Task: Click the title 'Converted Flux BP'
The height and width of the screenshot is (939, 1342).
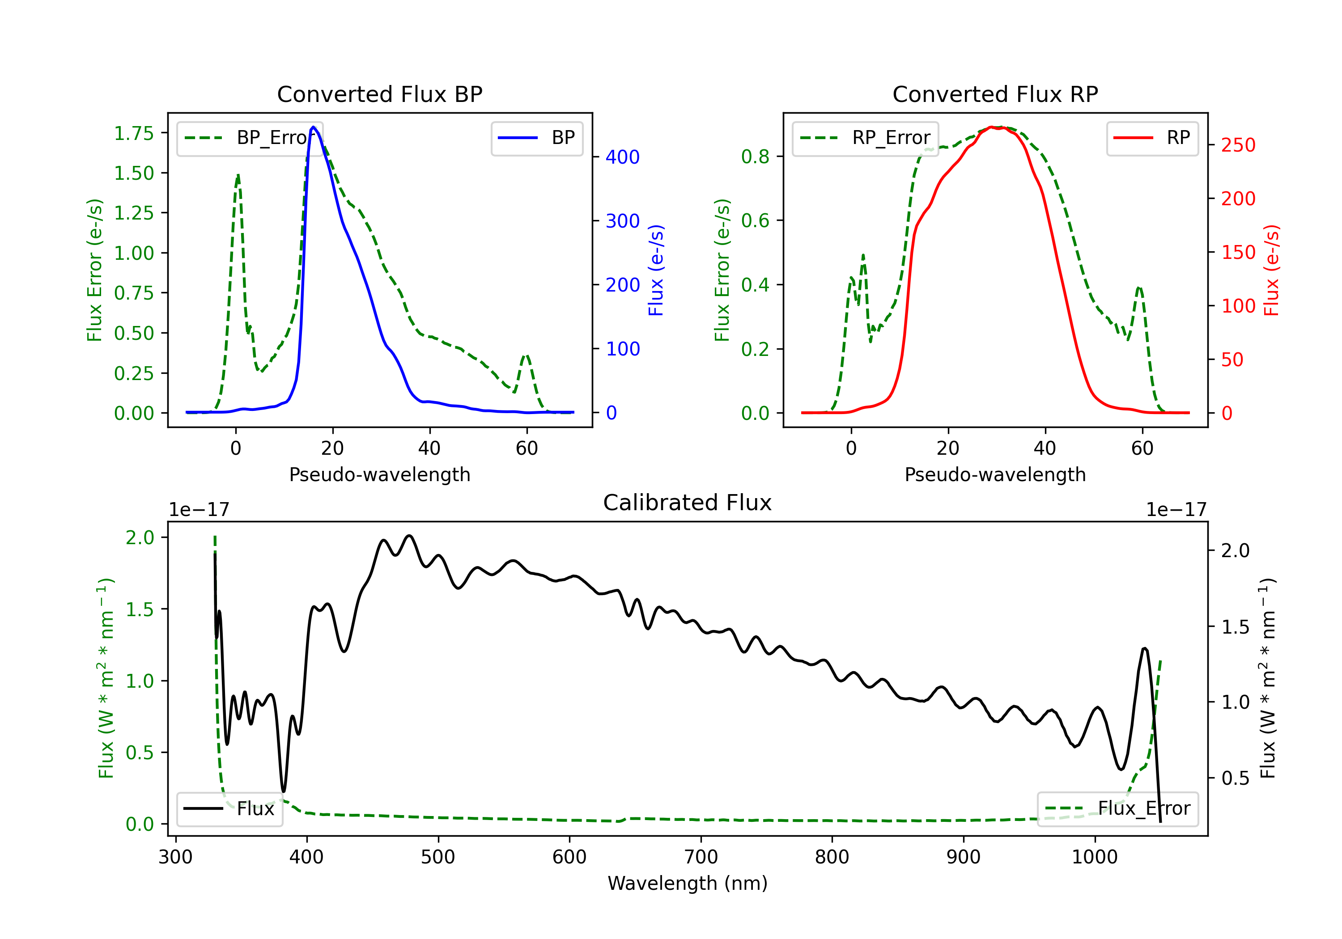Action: pos(379,94)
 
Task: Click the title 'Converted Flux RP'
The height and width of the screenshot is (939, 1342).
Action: pos(995,94)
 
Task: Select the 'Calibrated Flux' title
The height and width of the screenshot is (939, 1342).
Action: pos(688,503)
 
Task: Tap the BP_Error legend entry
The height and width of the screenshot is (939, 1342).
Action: pos(250,138)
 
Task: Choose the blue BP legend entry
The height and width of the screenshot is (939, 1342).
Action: pos(536,138)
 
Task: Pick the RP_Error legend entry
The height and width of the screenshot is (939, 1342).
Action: pos(865,138)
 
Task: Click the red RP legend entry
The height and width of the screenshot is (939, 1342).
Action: pos(1151,138)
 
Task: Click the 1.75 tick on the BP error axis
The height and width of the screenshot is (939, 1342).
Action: pos(134,133)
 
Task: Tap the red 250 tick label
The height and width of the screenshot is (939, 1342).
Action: pos(1238,145)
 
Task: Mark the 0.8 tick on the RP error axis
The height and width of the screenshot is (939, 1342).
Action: pos(755,156)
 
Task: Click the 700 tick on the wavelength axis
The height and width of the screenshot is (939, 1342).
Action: pos(701,857)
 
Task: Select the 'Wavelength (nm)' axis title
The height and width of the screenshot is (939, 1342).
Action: pos(688,883)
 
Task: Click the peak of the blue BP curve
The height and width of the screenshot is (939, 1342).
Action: pos(313,127)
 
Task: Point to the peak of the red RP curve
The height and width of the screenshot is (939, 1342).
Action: pos(992,127)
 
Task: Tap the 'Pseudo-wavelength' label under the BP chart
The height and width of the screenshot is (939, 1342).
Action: pos(379,474)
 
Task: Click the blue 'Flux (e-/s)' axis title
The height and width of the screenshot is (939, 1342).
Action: pos(656,270)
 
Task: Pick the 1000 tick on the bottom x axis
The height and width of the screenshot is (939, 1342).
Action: pos(1095,857)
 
